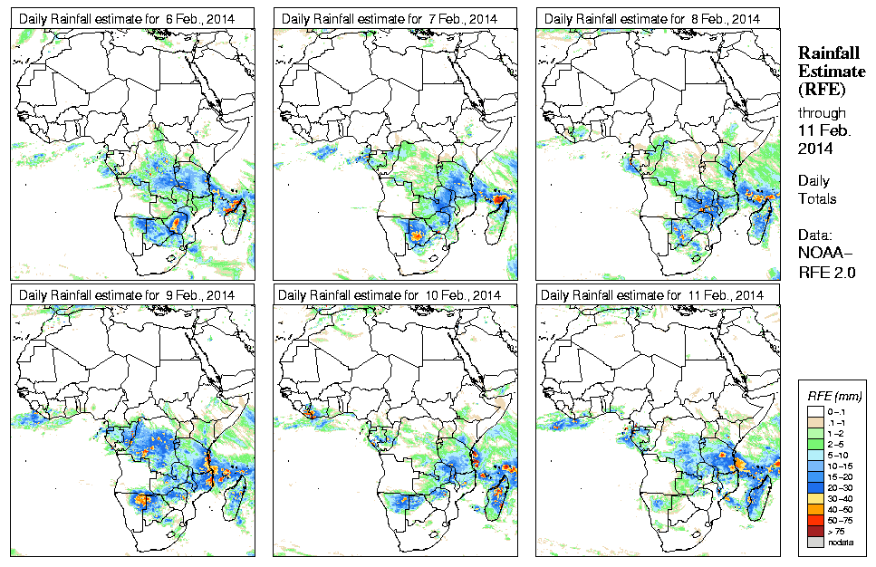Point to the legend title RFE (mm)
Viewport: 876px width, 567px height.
[x=834, y=396]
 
